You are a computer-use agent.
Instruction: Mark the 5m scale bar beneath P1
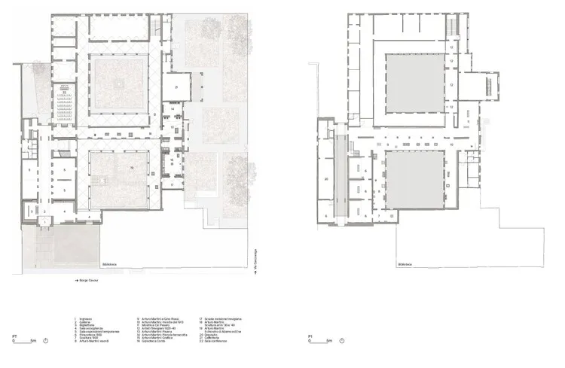click(322, 342)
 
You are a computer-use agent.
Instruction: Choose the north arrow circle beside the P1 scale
click(344, 341)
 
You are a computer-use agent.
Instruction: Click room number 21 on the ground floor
click(176, 88)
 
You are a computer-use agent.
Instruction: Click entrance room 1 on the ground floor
click(43, 212)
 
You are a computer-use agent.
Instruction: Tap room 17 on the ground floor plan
click(172, 184)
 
